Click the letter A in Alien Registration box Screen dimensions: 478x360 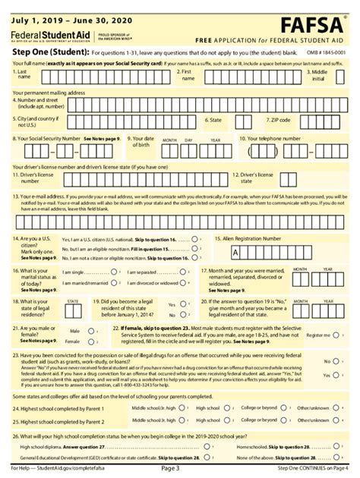click(x=235, y=252)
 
